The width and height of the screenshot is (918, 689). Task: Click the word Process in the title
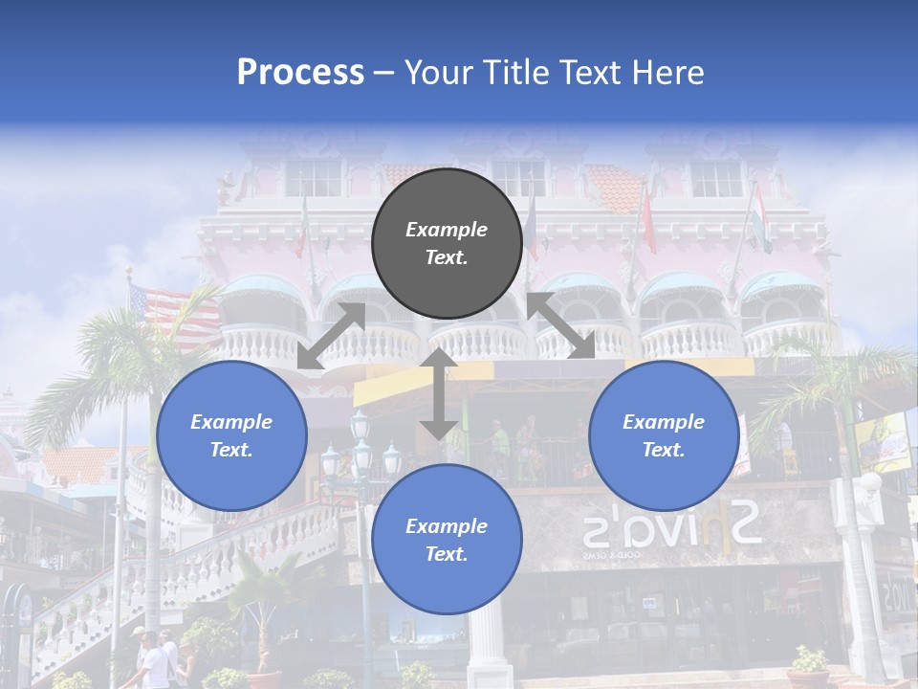(x=300, y=73)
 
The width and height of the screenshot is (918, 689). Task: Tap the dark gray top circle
(x=447, y=243)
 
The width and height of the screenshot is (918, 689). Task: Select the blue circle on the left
(x=231, y=435)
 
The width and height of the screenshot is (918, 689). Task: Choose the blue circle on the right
(x=663, y=435)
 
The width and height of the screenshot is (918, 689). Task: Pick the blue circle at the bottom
(x=447, y=539)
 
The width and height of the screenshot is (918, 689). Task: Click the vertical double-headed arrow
(x=438, y=392)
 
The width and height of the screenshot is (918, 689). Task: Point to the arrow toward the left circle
(x=331, y=336)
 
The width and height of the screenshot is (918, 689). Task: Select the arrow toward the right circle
(x=561, y=325)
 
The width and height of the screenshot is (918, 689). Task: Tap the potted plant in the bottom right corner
(x=810, y=665)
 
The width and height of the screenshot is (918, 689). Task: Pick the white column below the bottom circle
(x=487, y=651)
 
